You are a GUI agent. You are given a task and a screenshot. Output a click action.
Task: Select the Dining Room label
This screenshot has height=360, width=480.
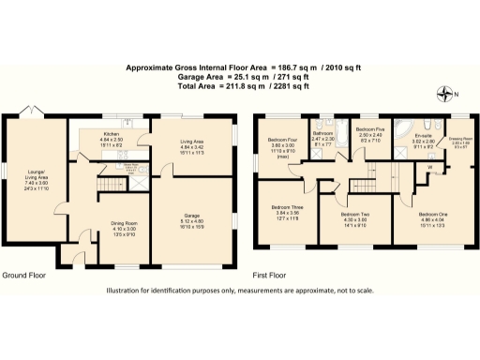(120, 223)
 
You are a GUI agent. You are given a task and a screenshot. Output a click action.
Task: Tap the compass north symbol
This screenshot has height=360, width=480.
(444, 92)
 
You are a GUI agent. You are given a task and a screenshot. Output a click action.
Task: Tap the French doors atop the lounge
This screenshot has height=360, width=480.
(37, 112)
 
